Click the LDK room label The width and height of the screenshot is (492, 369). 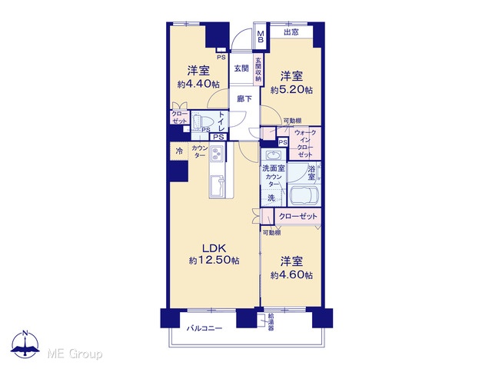pyautogui.click(x=214, y=248)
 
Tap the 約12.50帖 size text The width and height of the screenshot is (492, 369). pyautogui.click(x=214, y=260)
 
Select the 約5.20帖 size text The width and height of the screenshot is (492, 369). pyautogui.click(x=291, y=90)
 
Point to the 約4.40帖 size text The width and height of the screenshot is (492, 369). pyautogui.click(x=198, y=84)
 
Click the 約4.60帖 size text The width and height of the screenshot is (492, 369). pyautogui.click(x=291, y=275)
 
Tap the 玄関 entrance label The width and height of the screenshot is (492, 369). pyautogui.click(x=241, y=68)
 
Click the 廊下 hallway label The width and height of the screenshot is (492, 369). pyautogui.click(x=244, y=99)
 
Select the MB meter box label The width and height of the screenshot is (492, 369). pyautogui.click(x=261, y=37)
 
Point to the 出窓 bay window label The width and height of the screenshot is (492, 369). pyautogui.click(x=291, y=32)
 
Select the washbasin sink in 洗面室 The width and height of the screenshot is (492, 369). pyautogui.click(x=273, y=155)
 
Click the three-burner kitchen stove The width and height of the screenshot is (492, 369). pyautogui.click(x=216, y=154)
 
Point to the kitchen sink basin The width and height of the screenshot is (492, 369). pyautogui.click(x=217, y=185)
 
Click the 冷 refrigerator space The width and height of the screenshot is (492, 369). pyautogui.click(x=179, y=151)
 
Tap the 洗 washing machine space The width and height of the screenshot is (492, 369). pyautogui.click(x=271, y=198)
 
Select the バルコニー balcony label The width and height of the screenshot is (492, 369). pyautogui.click(x=204, y=328)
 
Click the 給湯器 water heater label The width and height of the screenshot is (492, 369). pyautogui.click(x=271, y=322)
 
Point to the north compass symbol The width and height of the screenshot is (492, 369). pyautogui.click(x=25, y=344)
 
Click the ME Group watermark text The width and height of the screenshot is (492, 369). pyautogui.click(x=75, y=354)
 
